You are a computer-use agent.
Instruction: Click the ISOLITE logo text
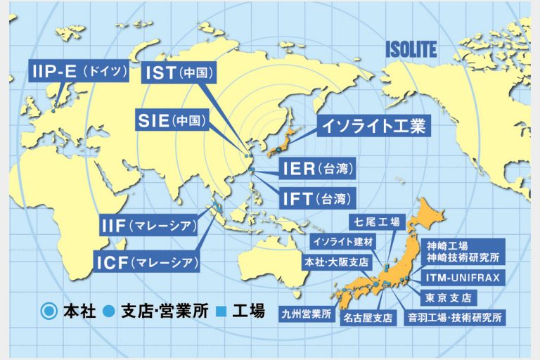click(411, 49)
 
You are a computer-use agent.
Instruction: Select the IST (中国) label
click(179, 72)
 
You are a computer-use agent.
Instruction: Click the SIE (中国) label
click(172, 121)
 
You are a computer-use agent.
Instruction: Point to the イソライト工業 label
click(373, 127)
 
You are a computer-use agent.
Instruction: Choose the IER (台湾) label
click(314, 169)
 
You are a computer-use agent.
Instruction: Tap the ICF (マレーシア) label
click(147, 264)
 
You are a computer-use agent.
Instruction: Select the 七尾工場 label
click(376, 223)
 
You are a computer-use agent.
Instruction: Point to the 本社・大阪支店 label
click(336, 262)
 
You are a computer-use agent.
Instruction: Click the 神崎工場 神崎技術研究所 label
click(463, 251)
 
